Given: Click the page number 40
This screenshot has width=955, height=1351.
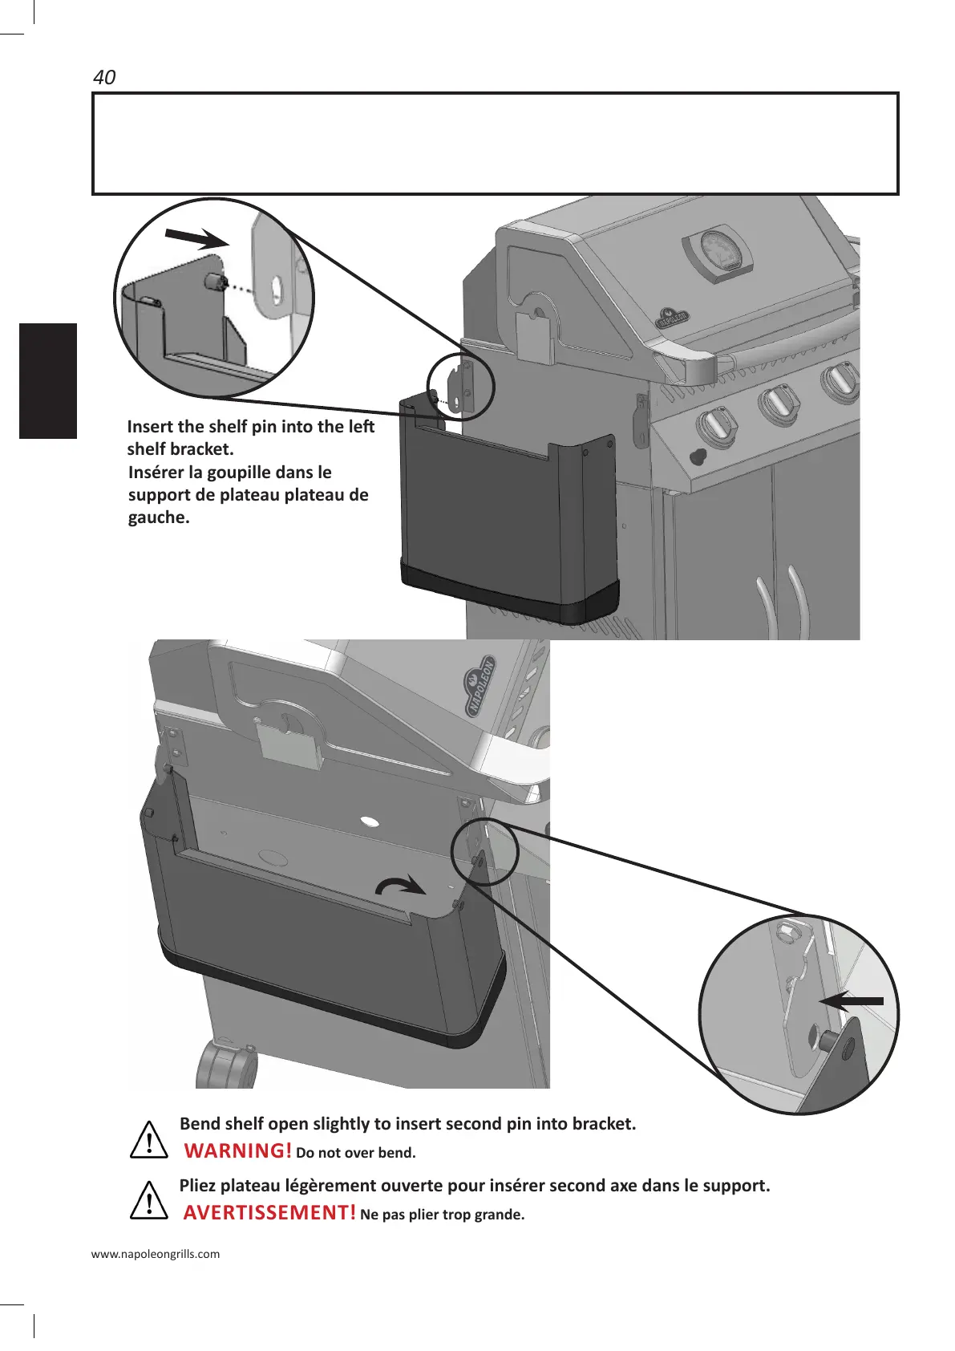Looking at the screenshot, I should point(104,77).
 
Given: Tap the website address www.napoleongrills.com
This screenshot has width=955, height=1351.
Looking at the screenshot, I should point(156,1254).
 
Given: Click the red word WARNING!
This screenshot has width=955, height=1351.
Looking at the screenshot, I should point(237,1150).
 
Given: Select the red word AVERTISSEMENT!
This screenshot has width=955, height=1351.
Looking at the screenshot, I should point(269,1212).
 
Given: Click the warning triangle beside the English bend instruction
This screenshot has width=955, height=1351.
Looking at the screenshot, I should point(148,1142).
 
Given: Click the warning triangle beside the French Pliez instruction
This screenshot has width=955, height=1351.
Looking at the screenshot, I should point(148,1203).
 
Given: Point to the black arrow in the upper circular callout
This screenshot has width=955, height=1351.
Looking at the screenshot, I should point(196,238).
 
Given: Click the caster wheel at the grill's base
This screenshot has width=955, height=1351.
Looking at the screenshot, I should point(227,1066).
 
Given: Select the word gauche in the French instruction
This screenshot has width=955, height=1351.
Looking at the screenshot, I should point(159,517).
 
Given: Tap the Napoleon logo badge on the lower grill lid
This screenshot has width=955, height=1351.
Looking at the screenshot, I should point(481,687).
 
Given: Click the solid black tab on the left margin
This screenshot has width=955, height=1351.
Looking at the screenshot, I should point(48,380).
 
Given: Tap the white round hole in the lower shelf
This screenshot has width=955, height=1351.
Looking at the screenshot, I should point(370,822).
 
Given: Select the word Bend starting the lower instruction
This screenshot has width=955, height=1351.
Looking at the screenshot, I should point(200,1123).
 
